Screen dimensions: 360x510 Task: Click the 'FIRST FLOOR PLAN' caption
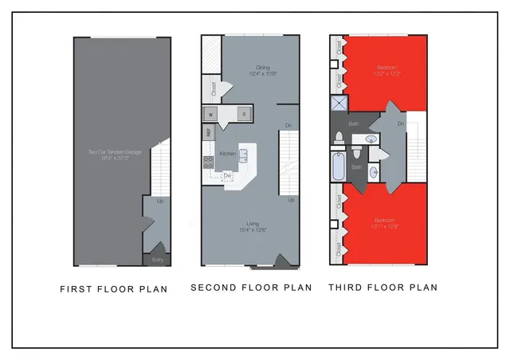(114, 289)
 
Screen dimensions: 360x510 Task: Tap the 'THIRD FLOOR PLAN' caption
(382, 288)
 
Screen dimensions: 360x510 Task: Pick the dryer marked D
(244, 114)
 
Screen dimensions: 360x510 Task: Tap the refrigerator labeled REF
(208, 133)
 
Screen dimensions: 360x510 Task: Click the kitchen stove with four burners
(208, 164)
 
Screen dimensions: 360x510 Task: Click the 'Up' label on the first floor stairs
(161, 201)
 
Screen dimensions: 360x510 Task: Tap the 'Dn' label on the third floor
(401, 124)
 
